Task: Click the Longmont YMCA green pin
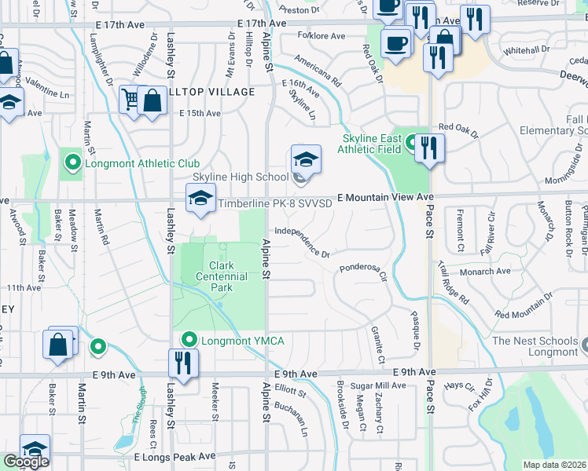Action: [x=189, y=340]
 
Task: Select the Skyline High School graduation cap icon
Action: [x=306, y=159]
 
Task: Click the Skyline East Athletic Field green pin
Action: [x=410, y=144]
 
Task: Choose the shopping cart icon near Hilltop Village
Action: [x=130, y=100]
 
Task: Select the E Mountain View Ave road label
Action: [x=386, y=197]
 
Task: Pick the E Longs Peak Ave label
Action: [x=175, y=456]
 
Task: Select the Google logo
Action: [x=26, y=462]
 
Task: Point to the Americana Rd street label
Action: [x=318, y=70]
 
